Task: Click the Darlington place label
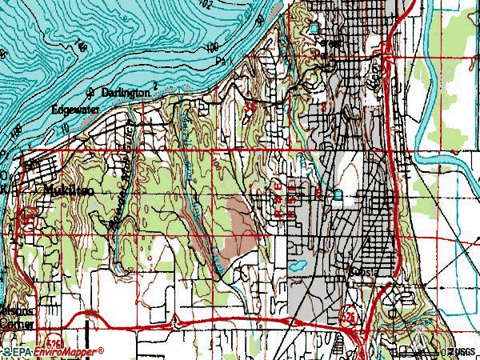point(125,93)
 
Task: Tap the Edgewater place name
point(74,109)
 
